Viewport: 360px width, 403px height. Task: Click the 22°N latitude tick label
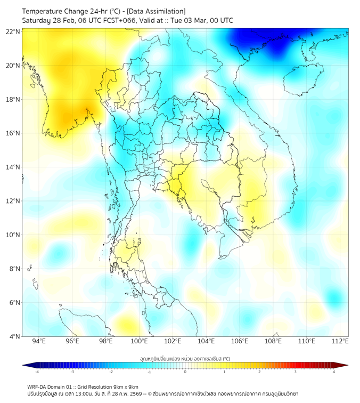(13, 31)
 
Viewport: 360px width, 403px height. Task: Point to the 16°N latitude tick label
(13, 133)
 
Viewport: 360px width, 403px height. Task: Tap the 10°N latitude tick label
(13, 235)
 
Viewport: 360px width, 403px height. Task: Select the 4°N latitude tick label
(14, 336)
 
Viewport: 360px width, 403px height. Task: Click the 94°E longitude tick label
(39, 341)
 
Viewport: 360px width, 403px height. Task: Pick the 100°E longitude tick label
(140, 341)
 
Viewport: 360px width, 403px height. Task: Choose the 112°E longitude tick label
(340, 341)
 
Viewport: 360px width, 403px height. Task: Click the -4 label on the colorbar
(37, 372)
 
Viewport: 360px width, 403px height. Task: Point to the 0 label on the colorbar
(185, 372)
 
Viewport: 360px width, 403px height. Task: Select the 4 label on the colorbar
(333, 372)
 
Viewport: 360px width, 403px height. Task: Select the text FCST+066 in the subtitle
(122, 20)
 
